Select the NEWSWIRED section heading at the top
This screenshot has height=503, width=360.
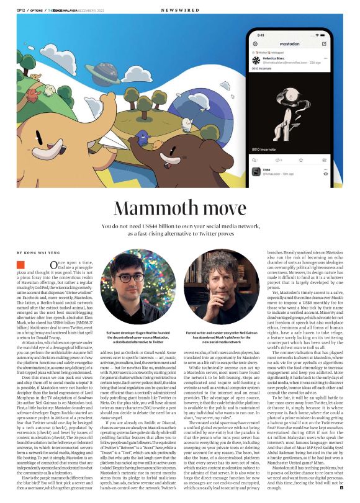tap(179, 11)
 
